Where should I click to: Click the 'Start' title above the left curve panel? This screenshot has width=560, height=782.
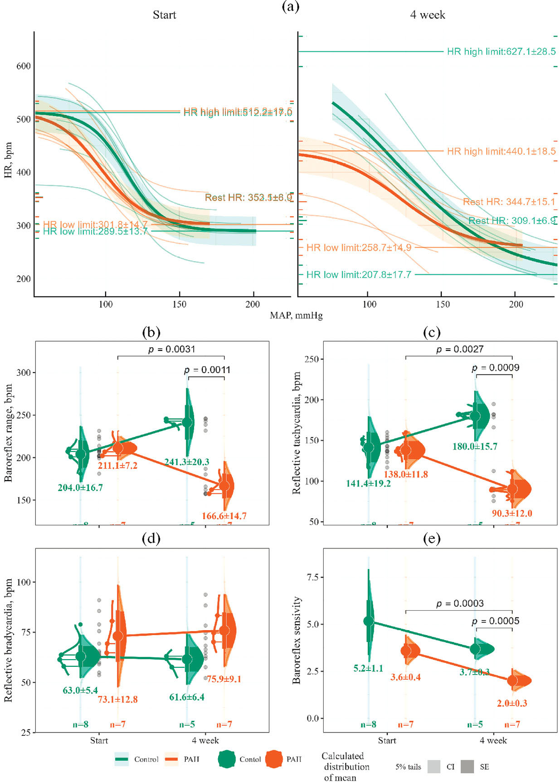(x=164, y=15)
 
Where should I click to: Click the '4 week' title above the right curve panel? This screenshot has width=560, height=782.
(x=427, y=15)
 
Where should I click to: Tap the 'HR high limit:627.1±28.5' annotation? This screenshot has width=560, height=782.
(x=501, y=52)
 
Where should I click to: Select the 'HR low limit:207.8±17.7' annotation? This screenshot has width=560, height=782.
(x=359, y=275)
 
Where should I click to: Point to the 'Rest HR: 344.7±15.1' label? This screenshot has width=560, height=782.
(x=509, y=202)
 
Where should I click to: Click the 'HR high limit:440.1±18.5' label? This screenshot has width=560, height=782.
(x=501, y=151)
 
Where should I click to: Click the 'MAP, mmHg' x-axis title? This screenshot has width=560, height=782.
(x=296, y=315)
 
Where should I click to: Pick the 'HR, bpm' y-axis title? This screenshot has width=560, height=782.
(x=8, y=166)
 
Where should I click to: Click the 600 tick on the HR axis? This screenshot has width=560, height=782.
(x=24, y=66)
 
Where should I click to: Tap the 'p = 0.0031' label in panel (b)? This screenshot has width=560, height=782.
(x=171, y=349)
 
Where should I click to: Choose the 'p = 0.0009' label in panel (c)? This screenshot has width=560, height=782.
(x=495, y=368)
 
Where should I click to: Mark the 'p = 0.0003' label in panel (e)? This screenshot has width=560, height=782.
(x=460, y=604)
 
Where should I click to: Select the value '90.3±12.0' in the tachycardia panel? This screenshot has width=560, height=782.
(x=512, y=513)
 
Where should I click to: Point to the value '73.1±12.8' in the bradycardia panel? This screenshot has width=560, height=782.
(x=117, y=699)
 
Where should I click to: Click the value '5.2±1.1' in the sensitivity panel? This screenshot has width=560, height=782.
(x=368, y=668)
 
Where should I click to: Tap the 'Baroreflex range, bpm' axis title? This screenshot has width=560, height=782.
(x=8, y=432)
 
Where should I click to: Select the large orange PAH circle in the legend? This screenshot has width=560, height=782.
(x=274, y=759)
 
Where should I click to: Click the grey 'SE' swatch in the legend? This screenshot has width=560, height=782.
(x=467, y=767)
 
